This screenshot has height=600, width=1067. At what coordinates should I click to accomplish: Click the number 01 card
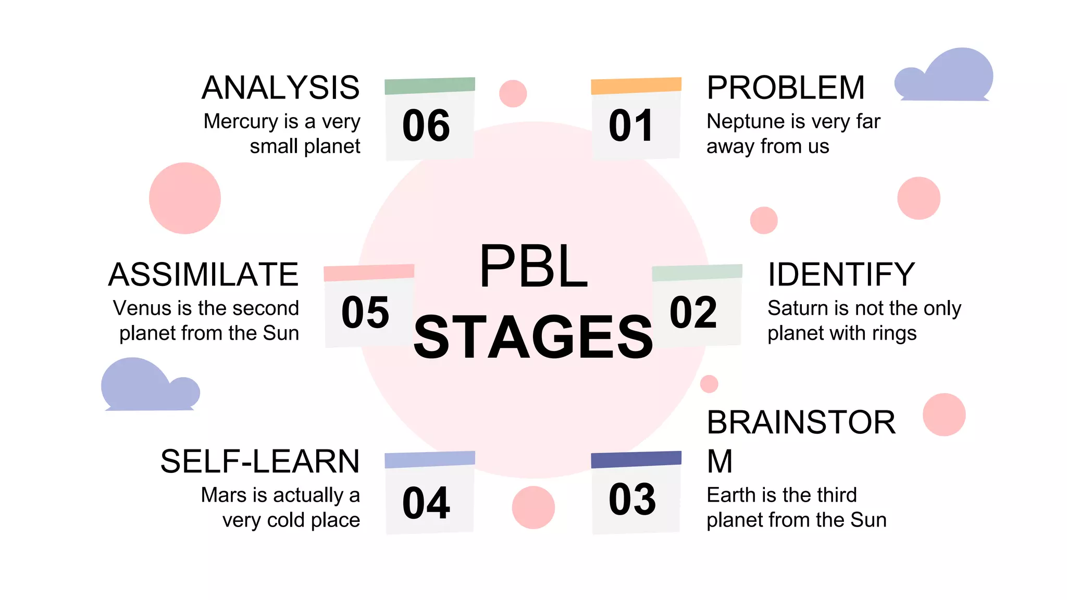tap(636, 125)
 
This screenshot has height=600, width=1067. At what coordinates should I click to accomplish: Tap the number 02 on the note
tap(693, 312)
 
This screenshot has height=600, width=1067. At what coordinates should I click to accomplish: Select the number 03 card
tap(633, 499)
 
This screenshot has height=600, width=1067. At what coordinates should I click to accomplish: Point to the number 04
tap(426, 503)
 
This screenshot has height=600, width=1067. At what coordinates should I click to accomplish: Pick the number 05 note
tap(365, 312)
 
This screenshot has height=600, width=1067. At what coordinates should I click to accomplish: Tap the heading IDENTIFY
tap(841, 274)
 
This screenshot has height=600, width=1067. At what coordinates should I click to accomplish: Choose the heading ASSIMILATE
tap(204, 274)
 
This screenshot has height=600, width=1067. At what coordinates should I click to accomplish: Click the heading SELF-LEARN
tap(260, 461)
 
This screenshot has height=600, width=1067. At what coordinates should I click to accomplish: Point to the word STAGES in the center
tap(533, 337)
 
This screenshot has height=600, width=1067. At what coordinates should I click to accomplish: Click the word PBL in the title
tap(533, 267)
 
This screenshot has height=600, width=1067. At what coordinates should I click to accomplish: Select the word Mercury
tap(241, 121)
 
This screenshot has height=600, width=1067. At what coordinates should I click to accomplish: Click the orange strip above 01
tap(636, 85)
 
